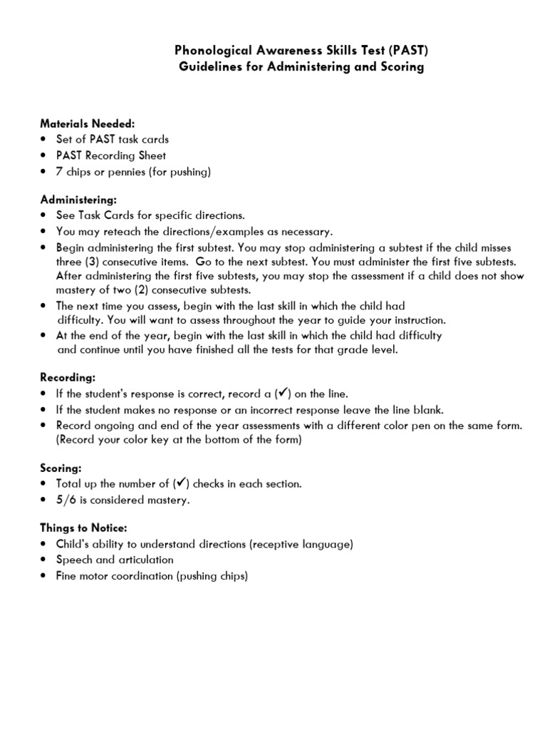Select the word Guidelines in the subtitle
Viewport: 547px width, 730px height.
(207, 67)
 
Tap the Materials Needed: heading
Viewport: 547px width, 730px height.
(86, 123)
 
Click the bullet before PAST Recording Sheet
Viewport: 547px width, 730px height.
(45, 155)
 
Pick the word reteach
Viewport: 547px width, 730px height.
(114, 232)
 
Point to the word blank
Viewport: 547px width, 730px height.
(426, 409)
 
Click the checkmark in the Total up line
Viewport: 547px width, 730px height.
(181, 483)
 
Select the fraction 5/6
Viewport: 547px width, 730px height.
(68, 500)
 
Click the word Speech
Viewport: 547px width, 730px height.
(73, 560)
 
